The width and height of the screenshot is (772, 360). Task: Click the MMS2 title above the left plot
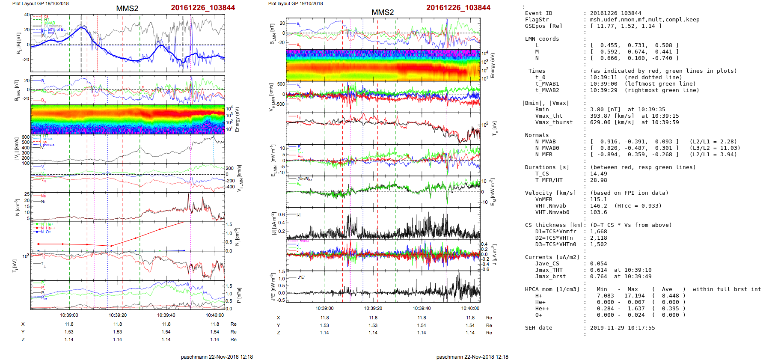tap(127, 9)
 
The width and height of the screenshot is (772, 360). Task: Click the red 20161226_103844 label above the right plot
tap(458, 8)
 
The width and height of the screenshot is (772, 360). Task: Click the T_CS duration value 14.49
tap(599, 174)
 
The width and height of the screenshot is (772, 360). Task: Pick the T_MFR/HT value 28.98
tap(599, 180)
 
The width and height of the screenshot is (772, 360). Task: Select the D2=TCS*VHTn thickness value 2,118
tap(599, 238)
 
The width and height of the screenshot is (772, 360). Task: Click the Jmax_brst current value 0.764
tap(599, 277)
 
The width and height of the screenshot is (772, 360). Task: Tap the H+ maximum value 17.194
tap(634, 296)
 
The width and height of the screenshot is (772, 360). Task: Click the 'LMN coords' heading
tap(542, 39)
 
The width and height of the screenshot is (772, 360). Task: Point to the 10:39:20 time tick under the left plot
tap(118, 315)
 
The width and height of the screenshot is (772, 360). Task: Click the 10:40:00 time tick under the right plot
tap(470, 308)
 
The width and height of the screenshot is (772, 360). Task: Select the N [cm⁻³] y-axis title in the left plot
tap(17, 207)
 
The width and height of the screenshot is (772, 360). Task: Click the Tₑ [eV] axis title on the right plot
tap(495, 128)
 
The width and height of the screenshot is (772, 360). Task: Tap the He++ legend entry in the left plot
tap(50, 228)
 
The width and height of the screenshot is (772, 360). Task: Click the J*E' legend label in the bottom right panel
tap(301, 277)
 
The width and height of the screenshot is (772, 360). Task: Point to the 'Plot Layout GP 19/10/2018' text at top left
tap(40, 3)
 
